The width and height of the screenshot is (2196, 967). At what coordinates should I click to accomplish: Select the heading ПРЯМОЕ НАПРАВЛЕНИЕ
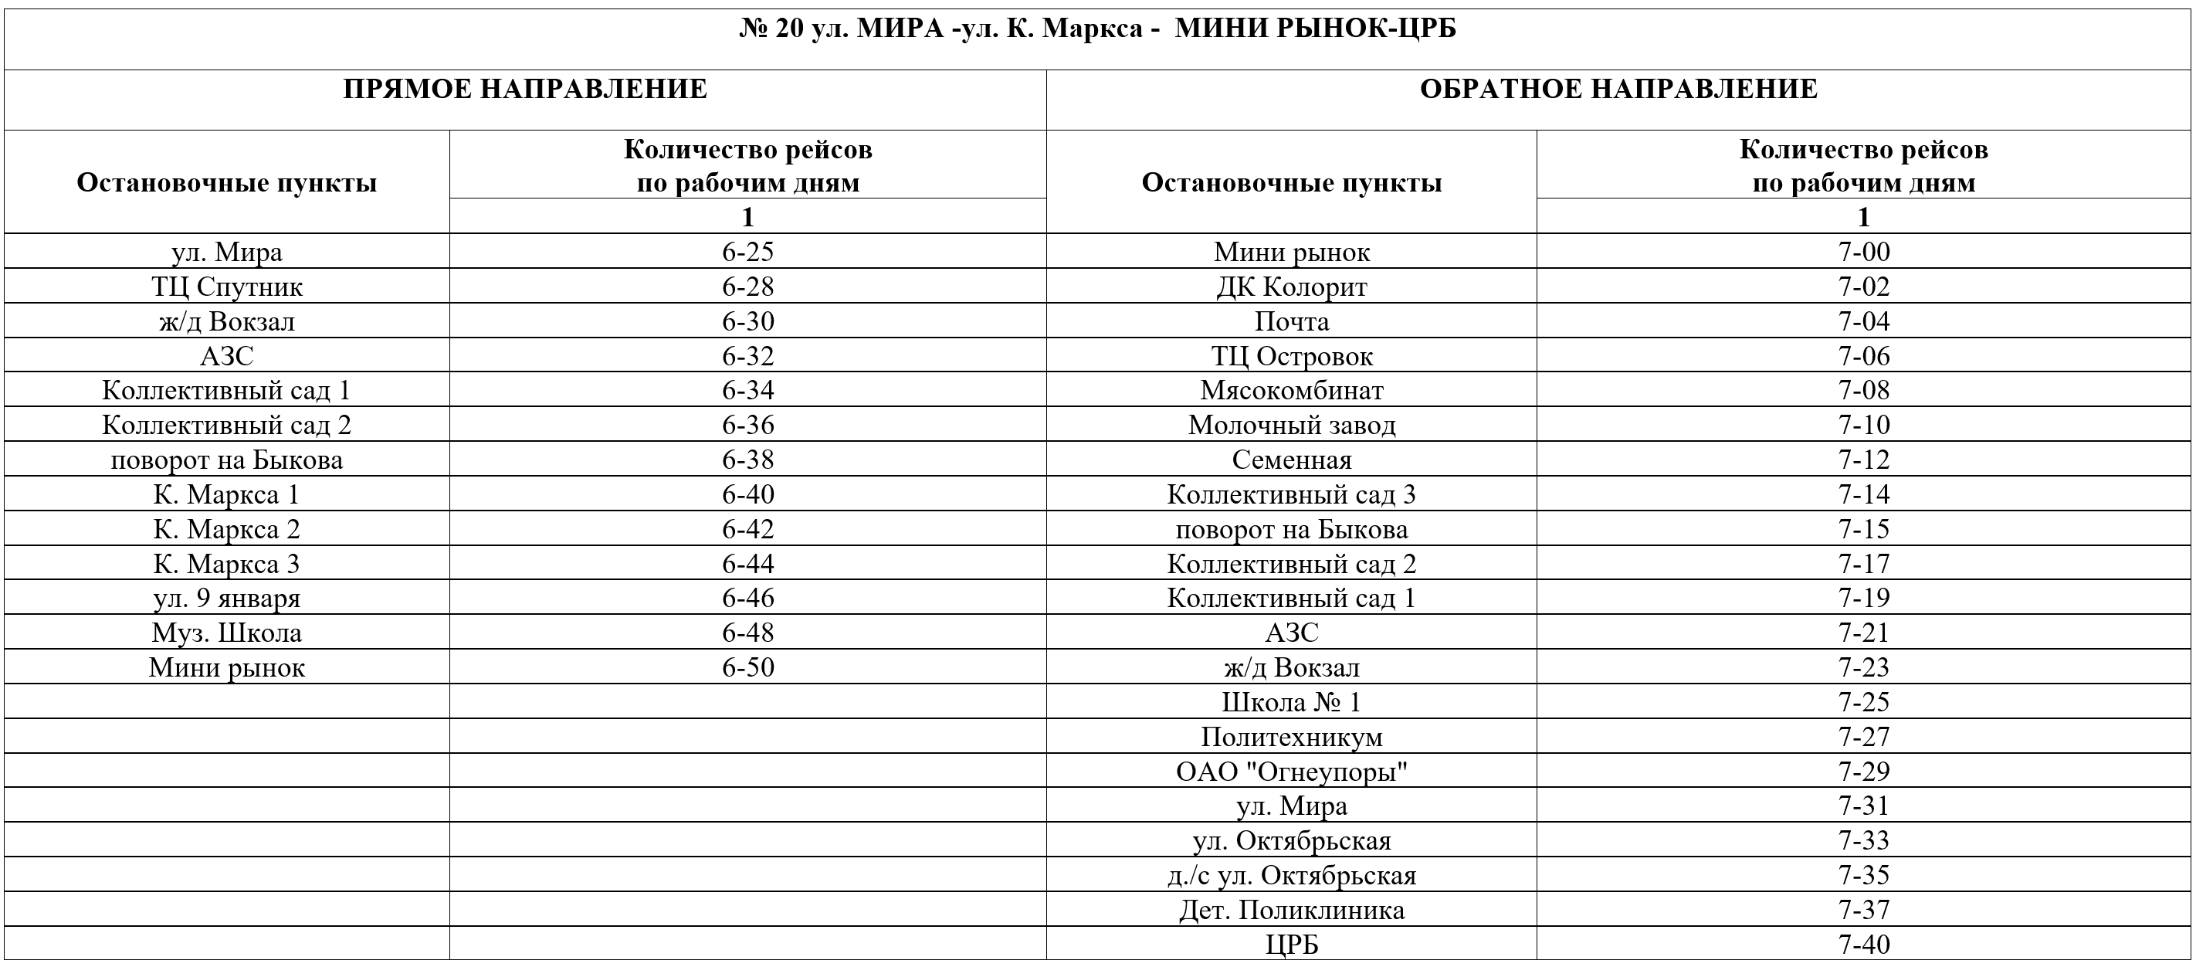point(525,90)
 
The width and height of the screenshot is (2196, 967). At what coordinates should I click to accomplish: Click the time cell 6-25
point(747,252)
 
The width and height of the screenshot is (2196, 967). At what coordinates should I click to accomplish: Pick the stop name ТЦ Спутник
point(227,287)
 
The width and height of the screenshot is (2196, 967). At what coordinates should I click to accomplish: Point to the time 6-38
point(747,460)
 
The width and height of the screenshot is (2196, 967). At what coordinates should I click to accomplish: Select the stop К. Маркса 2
point(227,530)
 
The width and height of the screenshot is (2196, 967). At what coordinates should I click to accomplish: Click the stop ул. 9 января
point(227,599)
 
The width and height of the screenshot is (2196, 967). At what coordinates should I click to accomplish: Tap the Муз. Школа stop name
point(227,633)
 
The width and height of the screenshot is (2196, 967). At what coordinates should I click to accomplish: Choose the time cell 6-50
point(747,667)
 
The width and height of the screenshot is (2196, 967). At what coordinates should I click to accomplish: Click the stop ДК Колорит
point(1292,287)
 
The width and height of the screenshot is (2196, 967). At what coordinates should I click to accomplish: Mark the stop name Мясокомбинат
point(1292,391)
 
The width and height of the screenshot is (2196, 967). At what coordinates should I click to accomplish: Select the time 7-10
point(1863,426)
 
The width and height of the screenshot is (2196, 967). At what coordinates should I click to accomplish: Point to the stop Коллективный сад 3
point(1292,494)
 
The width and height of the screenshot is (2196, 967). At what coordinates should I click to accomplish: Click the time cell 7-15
point(1863,530)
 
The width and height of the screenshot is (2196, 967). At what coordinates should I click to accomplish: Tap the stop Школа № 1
point(1292,703)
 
